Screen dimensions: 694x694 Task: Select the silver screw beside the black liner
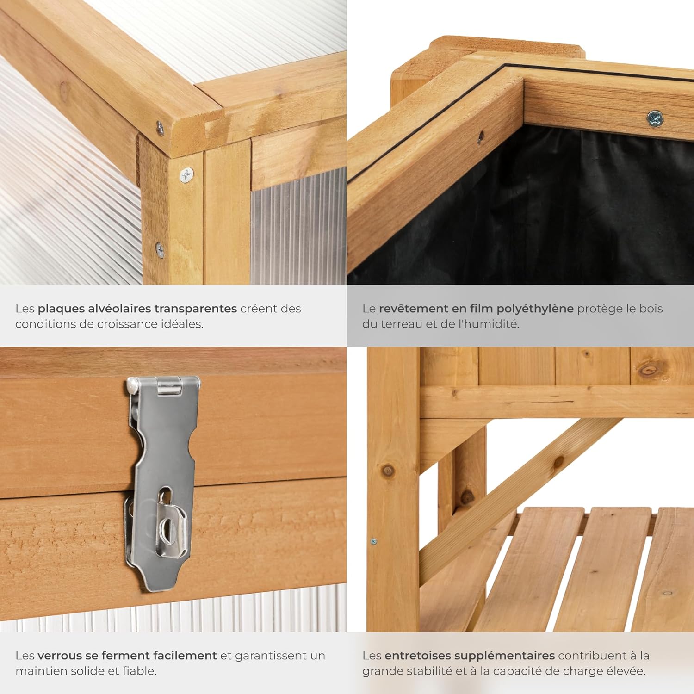click(x=655, y=118)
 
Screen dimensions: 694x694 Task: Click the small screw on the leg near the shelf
click(x=373, y=541)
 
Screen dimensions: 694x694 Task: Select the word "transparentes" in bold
click(x=196, y=309)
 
